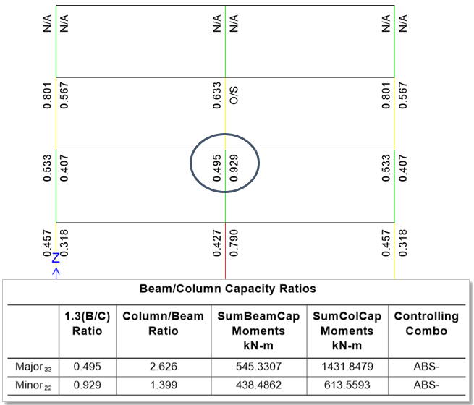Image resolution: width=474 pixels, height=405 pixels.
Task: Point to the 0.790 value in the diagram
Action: pos(234,242)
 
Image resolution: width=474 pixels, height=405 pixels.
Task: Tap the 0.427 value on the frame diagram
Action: pos(217,242)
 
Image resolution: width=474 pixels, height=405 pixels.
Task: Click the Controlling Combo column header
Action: pos(426,323)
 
